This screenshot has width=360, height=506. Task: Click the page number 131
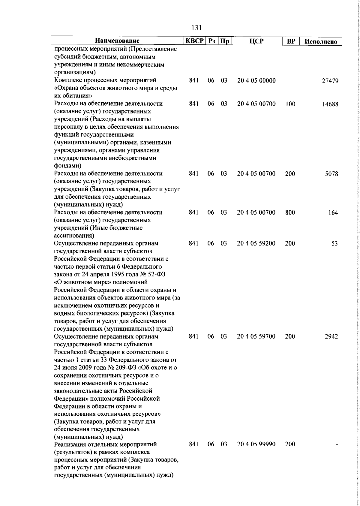(196, 28)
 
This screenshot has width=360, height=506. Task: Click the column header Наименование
(117, 41)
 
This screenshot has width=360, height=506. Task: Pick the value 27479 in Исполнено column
(330, 81)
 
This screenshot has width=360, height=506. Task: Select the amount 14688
(330, 104)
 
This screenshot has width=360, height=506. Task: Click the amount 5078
(332, 174)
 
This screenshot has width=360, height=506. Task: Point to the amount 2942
(331, 337)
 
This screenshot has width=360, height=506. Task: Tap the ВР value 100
(290, 104)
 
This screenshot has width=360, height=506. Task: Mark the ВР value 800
(290, 213)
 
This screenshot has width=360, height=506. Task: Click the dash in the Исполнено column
(337, 445)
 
